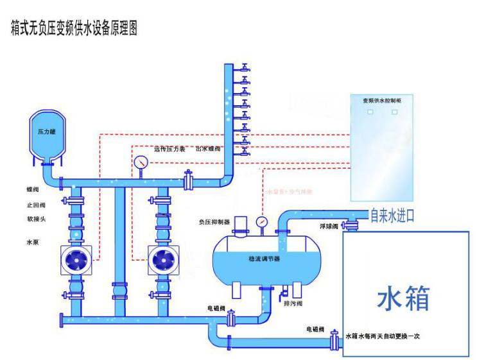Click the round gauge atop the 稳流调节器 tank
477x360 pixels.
point(261,221)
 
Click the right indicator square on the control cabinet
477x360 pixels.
point(394,112)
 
